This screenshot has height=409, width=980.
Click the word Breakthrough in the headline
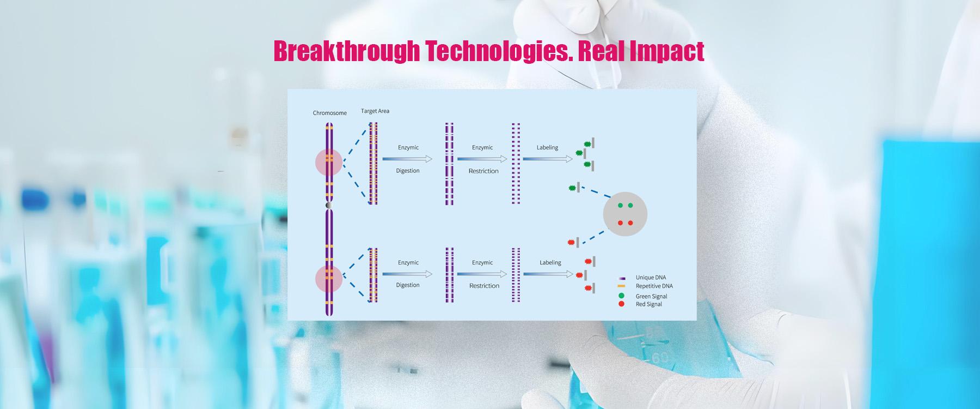pos(346,52)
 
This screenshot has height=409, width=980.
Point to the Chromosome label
pos(329,113)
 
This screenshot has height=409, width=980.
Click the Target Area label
pos(375,111)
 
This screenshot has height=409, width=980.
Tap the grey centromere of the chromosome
pos(329,204)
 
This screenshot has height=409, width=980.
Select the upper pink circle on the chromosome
pos(329,162)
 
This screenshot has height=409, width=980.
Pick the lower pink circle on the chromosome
pos(329,278)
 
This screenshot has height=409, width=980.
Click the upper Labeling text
pos(547,148)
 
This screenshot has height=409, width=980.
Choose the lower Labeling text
pos(550,263)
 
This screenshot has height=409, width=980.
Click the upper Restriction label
pos(483,171)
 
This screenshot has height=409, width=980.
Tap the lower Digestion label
pos(408,285)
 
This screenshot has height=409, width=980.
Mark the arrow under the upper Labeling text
pos(548,159)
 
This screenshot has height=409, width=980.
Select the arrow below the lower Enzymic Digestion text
pos(407,274)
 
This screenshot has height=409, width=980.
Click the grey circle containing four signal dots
pos(625,214)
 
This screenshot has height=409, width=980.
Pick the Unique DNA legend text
pos(651,278)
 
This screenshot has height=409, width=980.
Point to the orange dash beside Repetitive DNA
pos(621,286)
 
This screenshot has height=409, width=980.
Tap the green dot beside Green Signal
pos(621,296)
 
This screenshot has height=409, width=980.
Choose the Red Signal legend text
pos(649,304)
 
